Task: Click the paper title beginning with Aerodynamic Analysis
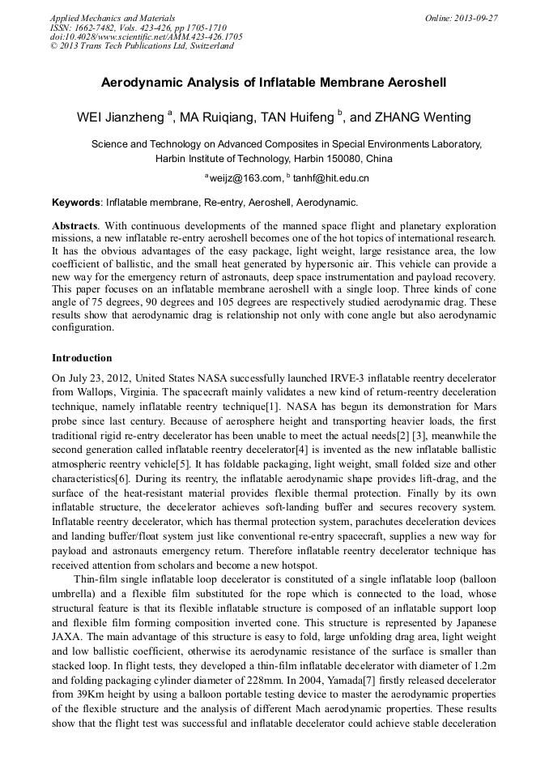274,83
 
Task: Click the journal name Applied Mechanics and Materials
113,18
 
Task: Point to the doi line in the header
146,36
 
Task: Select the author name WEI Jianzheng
120,117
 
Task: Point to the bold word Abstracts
74,224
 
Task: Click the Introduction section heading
82,358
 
